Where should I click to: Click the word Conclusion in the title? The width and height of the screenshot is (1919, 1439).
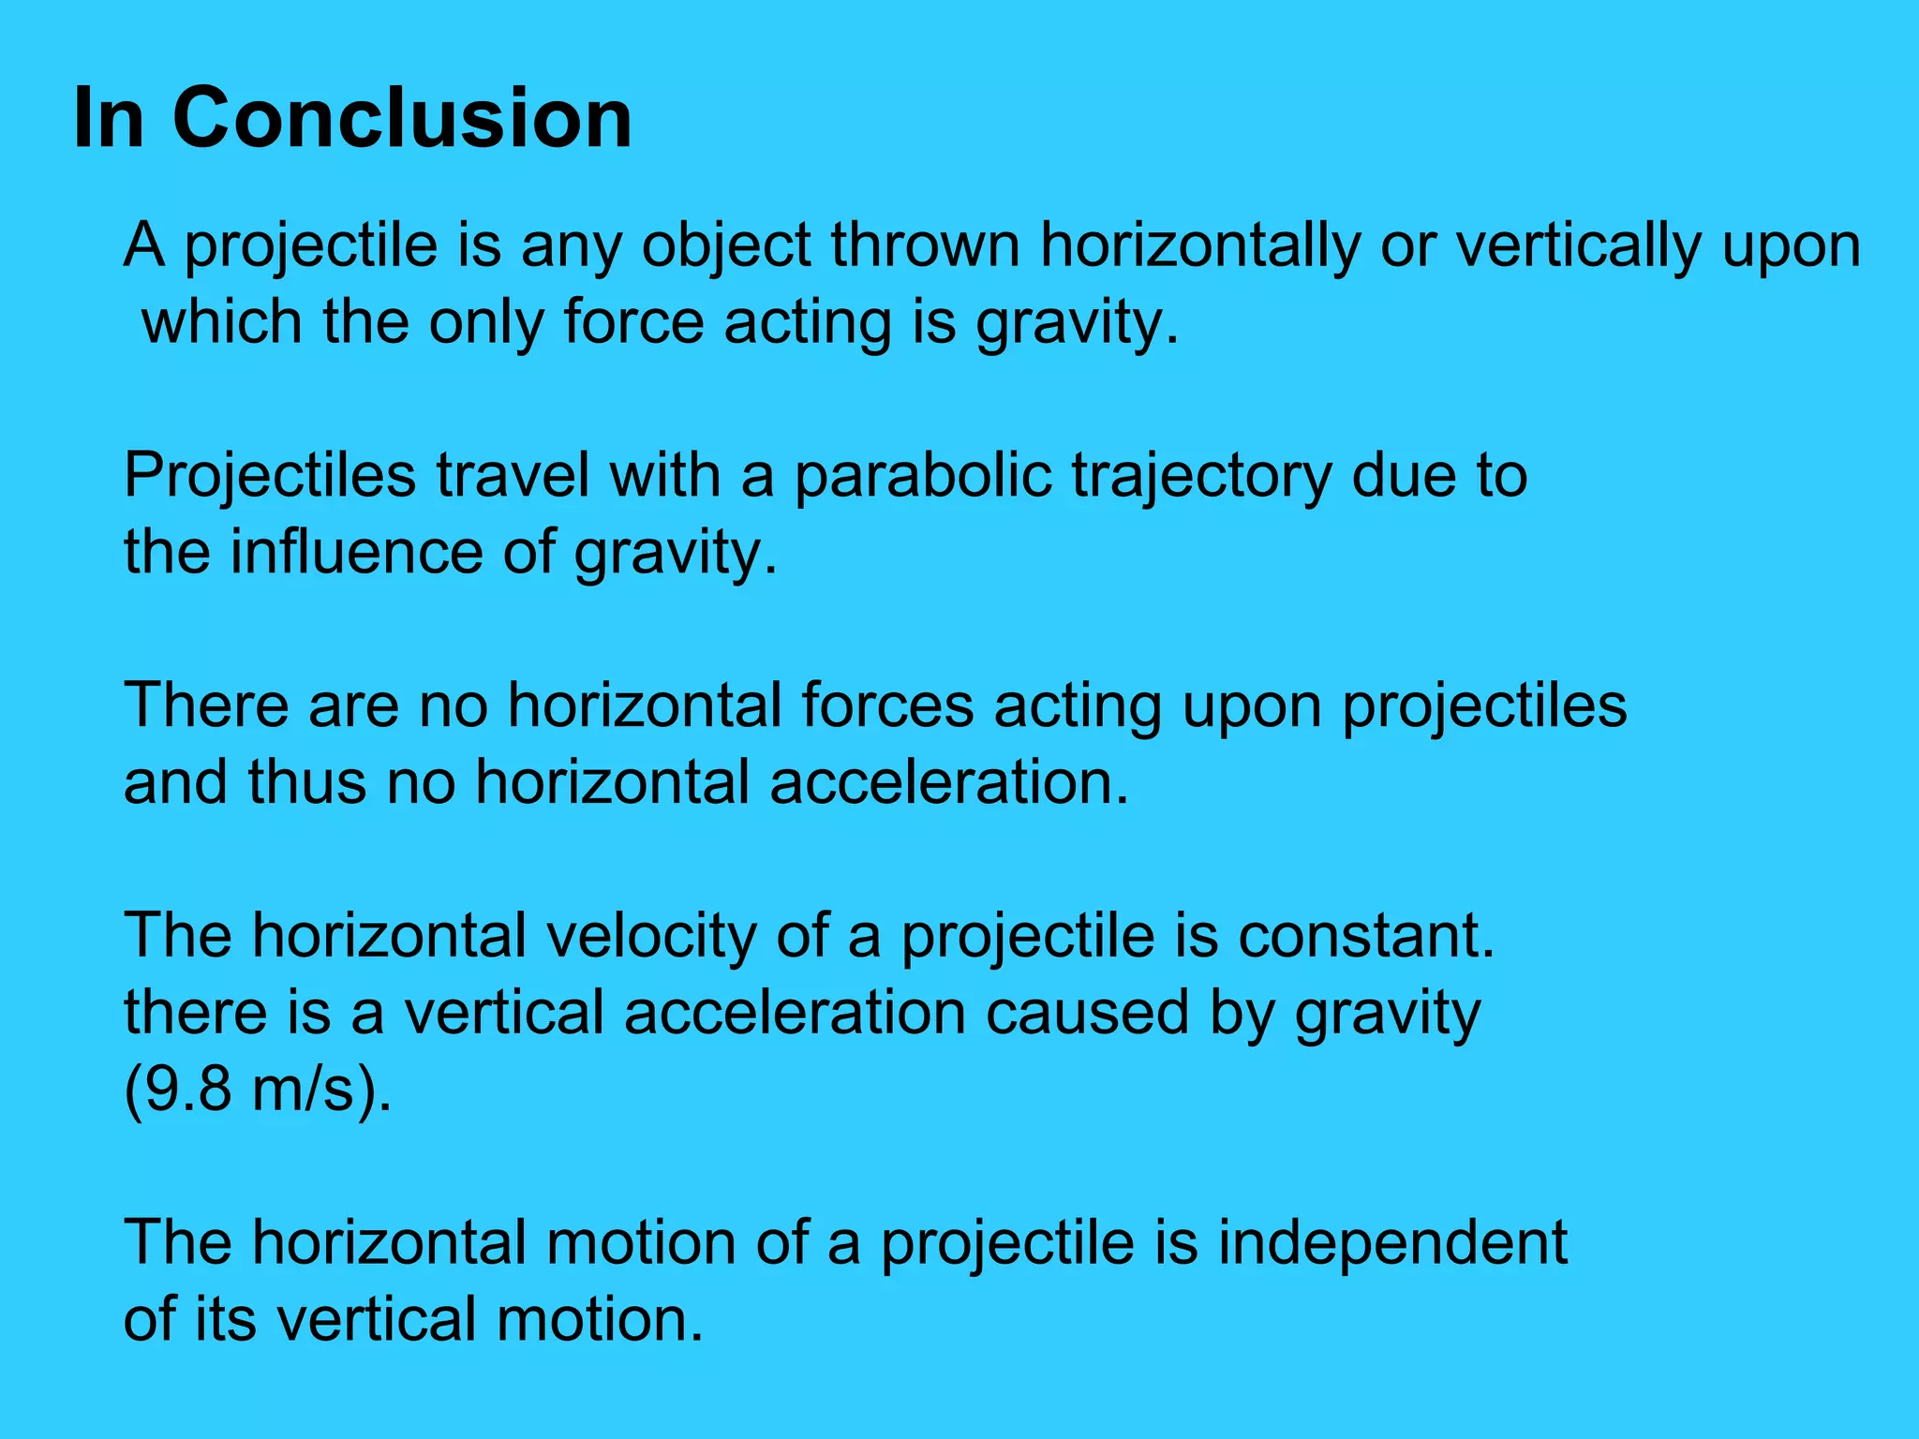[x=403, y=118]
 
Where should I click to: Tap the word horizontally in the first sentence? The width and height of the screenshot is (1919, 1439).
[x=1198, y=245]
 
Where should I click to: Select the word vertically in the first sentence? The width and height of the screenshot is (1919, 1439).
[x=1578, y=245]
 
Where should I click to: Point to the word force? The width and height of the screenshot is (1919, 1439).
[x=633, y=322]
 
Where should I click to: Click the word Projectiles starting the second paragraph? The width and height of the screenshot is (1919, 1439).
[x=270, y=476]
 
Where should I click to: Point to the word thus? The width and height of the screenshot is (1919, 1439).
[x=306, y=782]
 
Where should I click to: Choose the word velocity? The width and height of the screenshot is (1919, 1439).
[x=651, y=937]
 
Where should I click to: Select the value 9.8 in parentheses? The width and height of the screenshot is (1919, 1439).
[x=187, y=1090]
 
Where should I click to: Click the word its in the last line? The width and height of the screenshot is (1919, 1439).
[x=225, y=1320]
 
